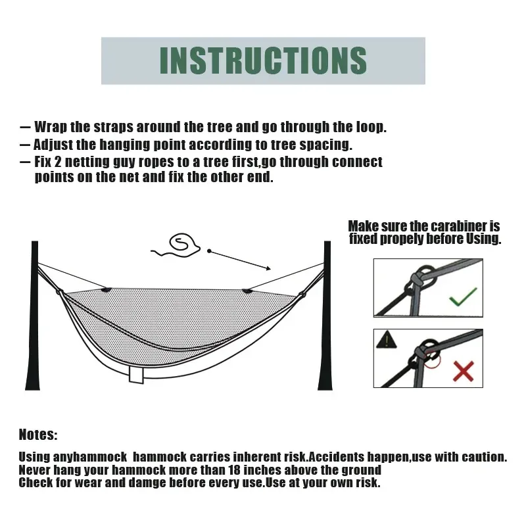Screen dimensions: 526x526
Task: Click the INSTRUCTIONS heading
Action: [x=263, y=60]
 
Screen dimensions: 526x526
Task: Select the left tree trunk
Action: [x=34, y=316]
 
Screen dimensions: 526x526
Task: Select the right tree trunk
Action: [x=327, y=316]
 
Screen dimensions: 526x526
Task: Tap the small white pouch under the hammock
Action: [x=137, y=374]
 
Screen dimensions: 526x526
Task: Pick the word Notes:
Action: [x=38, y=435]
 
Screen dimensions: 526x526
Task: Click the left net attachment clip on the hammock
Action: [x=106, y=288]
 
